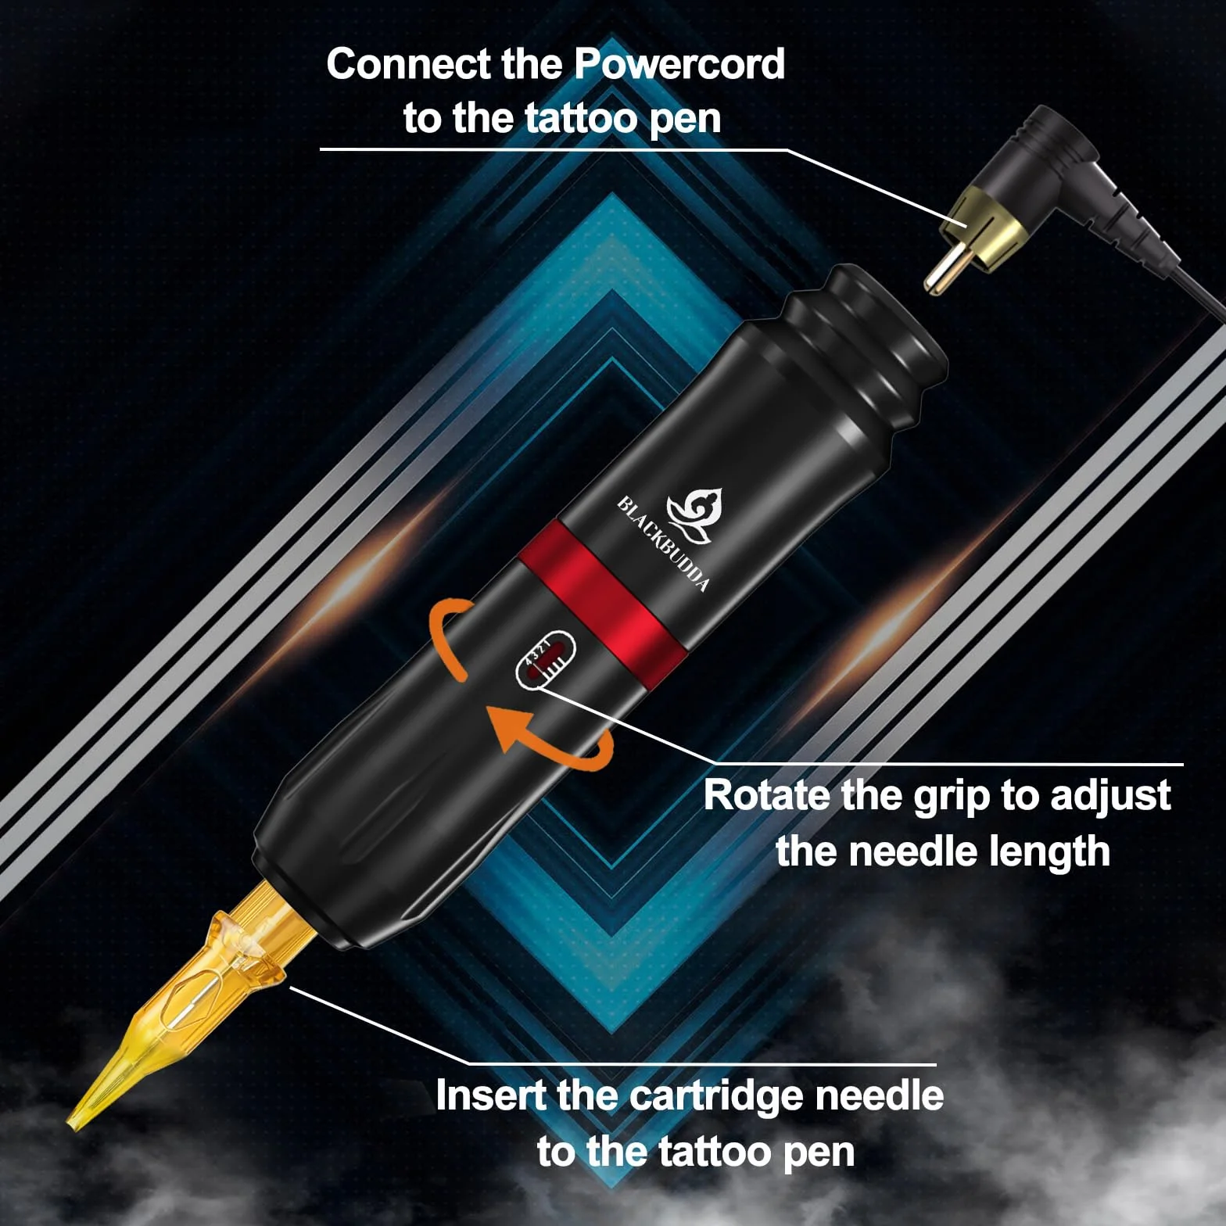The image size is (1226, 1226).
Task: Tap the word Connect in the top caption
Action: point(409,63)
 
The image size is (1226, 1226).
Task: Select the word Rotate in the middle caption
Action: point(766,795)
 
